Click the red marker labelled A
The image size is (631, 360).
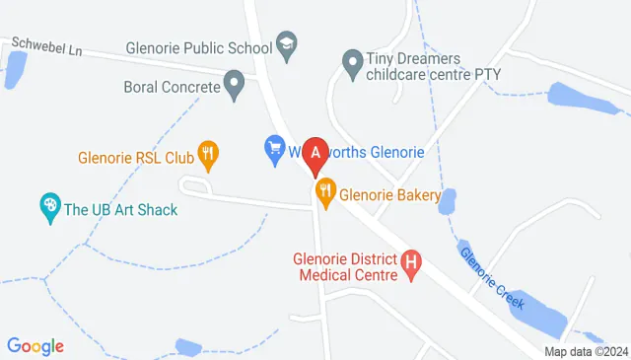click(x=315, y=153)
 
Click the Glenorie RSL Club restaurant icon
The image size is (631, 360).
click(x=207, y=153)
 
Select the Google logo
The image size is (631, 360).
click(x=35, y=346)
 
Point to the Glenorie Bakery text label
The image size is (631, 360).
click(x=389, y=195)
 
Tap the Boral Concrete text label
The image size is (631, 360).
click(x=171, y=86)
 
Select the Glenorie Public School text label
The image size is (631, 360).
click(x=199, y=45)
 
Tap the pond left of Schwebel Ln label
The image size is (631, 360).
click(x=15, y=67)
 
